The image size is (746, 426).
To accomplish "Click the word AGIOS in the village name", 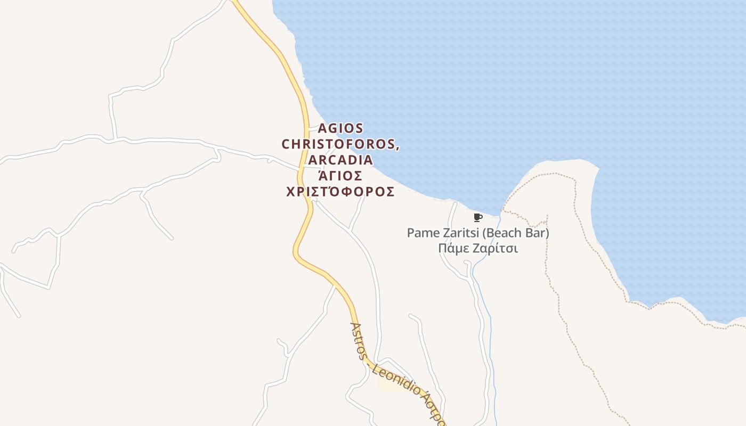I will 340,128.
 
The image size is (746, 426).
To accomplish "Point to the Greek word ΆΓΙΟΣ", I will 340,176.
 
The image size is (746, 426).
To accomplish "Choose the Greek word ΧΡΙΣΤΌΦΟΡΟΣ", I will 340,192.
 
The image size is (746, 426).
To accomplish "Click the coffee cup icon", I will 477,217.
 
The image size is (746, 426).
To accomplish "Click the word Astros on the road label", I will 358,341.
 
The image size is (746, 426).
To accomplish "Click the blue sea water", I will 533,80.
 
